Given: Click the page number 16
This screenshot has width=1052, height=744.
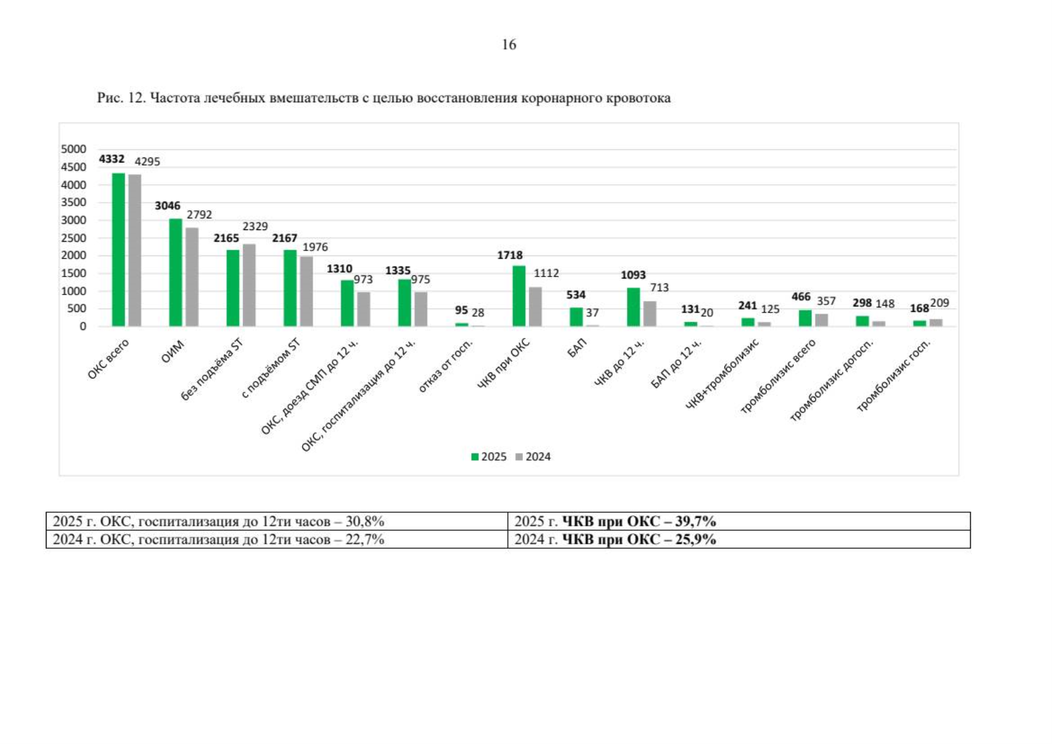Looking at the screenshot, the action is (x=509, y=45).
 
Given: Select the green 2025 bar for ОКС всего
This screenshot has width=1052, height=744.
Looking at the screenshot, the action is (x=118, y=250).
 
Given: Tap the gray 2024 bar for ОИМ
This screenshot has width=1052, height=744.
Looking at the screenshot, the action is (x=192, y=277).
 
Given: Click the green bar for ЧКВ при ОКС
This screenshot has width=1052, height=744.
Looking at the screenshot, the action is (x=519, y=296).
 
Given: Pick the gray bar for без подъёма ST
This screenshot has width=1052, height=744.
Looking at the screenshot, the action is (x=249, y=285).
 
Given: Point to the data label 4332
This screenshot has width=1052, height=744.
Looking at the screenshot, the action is (x=112, y=159).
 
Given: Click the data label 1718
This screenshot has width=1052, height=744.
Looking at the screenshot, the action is (x=510, y=255).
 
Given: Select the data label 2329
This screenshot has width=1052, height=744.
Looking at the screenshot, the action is (x=255, y=226).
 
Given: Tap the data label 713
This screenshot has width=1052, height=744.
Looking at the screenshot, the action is (x=659, y=287).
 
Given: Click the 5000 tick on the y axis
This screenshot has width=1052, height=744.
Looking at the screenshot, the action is (x=74, y=149).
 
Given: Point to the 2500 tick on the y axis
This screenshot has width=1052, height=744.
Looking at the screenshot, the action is (x=74, y=238).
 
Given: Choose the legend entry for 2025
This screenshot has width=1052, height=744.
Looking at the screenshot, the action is (x=489, y=457).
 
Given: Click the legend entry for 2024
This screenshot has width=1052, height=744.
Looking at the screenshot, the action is (x=533, y=457).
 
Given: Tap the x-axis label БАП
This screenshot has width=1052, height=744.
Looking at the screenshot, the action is (x=577, y=348).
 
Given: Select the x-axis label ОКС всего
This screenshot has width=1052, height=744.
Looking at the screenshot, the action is (x=108, y=359).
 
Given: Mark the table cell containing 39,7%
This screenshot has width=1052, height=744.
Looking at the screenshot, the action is (x=739, y=521).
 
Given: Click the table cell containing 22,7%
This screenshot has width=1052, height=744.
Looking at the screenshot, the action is (x=277, y=539).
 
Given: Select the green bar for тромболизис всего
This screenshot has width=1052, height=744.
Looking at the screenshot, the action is (x=805, y=318).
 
